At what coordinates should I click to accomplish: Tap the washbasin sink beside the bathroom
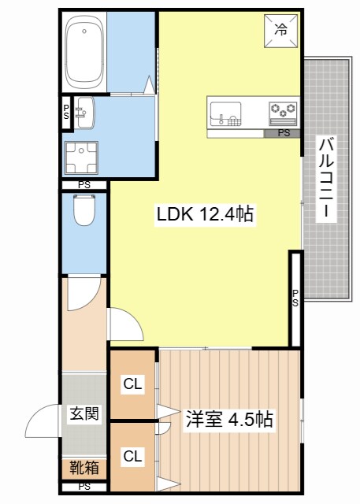[x=84, y=113]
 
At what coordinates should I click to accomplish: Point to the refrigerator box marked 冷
[x=280, y=31]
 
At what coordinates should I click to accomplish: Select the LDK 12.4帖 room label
[x=205, y=214]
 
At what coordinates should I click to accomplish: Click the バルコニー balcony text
[x=325, y=179]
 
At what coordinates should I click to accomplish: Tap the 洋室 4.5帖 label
[x=229, y=420]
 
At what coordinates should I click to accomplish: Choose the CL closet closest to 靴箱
[x=132, y=454]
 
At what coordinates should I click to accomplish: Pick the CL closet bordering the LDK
[x=132, y=384]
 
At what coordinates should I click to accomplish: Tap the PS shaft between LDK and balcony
[x=295, y=298]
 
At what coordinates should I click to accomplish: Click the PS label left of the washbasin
[x=67, y=112]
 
